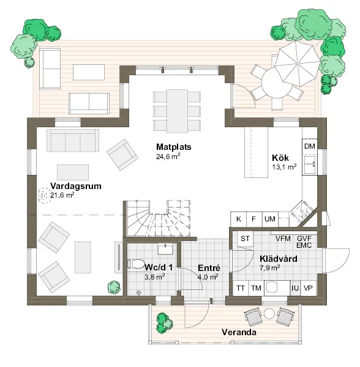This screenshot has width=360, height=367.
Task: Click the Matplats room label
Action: coord(173,147)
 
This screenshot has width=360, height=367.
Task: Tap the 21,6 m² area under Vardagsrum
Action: coord(62,195)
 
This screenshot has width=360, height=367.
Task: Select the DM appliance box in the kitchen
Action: coord(309,146)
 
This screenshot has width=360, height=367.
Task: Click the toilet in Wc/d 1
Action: coord(136,264)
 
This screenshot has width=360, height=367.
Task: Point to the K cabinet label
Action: coord(238,219)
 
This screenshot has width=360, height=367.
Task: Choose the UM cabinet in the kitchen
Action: coord(270,220)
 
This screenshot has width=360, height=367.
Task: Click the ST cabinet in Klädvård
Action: coord(246,239)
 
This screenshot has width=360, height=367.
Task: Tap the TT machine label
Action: coord(241,288)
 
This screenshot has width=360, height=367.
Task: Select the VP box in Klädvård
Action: coord(308,288)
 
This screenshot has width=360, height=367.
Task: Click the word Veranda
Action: coord(239,332)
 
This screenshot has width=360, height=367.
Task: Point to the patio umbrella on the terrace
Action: coord(297,63)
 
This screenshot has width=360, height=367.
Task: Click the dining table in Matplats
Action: coord(177,111)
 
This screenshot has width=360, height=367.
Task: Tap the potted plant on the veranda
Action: coord(165,323)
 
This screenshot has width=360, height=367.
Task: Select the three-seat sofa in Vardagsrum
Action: coord(73,141)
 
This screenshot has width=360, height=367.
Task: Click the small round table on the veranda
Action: coord(269,314)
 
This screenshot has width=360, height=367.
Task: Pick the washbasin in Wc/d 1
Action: coord(165,249)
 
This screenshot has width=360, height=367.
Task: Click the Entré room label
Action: coord(209,269)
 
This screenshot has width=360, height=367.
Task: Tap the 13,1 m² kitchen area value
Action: coord(284,167)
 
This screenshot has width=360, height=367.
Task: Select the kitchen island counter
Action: coord(257,152)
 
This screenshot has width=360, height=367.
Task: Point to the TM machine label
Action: coord(256,288)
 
